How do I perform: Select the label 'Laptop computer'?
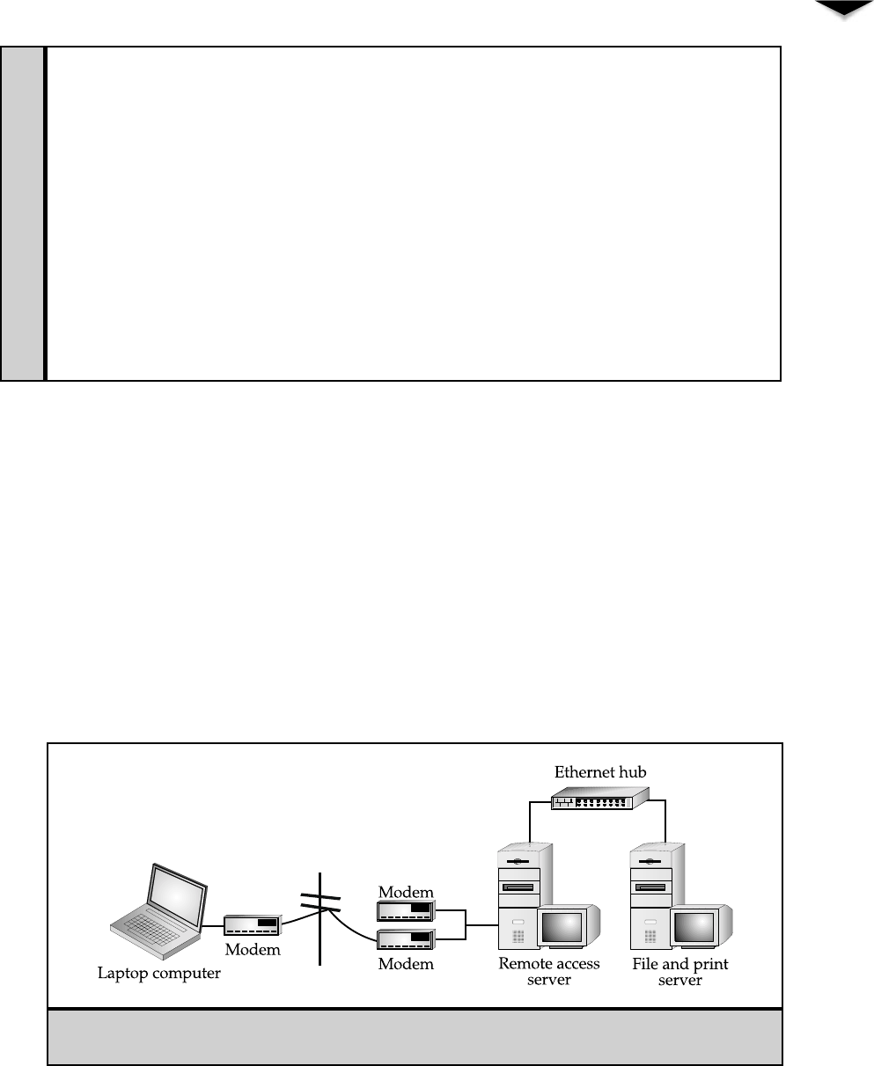[158, 974]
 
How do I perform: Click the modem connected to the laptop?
[253, 925]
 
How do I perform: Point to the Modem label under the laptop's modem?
[253, 950]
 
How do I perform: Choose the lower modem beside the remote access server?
[407, 939]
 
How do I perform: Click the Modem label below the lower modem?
[407, 964]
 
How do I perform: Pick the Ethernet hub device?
[599, 799]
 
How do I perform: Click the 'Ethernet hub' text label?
[600, 772]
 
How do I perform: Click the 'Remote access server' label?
[549, 971]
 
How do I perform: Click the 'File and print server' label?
[680, 971]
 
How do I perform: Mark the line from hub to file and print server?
[665, 818]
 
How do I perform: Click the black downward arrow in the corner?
[836, 9]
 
